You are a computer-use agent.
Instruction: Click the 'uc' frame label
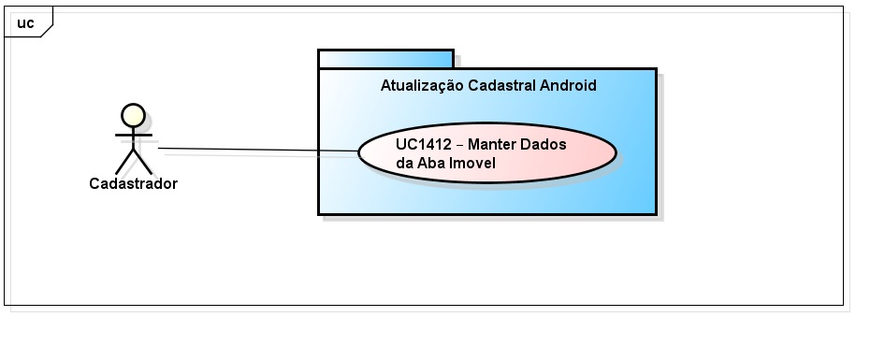25,23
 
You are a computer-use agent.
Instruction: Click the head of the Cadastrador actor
134,115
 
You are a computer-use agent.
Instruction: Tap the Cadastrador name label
133,183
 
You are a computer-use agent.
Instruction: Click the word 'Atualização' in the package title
420,86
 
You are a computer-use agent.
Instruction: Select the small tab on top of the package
385,59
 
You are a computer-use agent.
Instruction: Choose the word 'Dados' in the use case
545,144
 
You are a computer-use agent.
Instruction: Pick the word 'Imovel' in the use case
473,163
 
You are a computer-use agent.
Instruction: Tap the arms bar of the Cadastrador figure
134,135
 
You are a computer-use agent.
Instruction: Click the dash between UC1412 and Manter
459,144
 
